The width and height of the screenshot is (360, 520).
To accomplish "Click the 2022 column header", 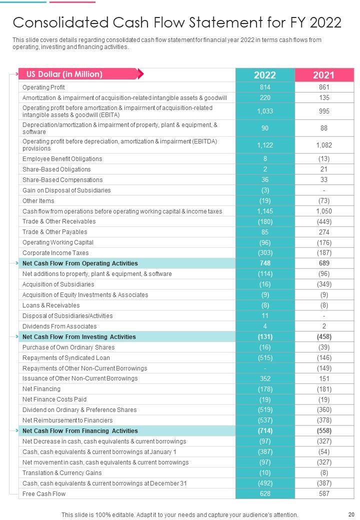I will pos(264,75).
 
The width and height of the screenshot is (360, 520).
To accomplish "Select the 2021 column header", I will pos(324,75).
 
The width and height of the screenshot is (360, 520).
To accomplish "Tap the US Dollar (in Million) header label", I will pos(64,74).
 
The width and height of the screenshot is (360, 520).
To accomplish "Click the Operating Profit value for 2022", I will pos(264,87).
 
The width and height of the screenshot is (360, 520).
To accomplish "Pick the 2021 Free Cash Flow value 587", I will pos(324,493).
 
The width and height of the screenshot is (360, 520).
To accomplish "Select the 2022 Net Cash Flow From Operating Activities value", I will pos(264,263).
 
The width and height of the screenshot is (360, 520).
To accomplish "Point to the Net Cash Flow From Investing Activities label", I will pos(79,337).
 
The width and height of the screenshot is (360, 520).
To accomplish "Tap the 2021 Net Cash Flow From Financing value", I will pos(324,430).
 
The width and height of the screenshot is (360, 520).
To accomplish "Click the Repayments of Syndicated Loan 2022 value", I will pos(264,358).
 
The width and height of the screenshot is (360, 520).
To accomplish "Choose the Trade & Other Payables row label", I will pos(54,232).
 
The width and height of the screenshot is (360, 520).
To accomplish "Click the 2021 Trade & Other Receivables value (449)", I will pos(324,221).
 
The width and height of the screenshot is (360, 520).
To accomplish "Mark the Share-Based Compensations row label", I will pos(62,180).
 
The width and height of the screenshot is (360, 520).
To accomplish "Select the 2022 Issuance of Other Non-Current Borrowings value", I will pos(264,378).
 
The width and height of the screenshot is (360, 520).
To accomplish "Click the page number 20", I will pos(350,514).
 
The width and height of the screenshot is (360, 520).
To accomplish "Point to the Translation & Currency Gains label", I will pos(62,472).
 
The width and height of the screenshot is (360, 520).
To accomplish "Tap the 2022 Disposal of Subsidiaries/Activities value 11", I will pos(264,316).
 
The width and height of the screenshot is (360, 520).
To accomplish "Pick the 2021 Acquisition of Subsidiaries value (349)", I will pos(324,284).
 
